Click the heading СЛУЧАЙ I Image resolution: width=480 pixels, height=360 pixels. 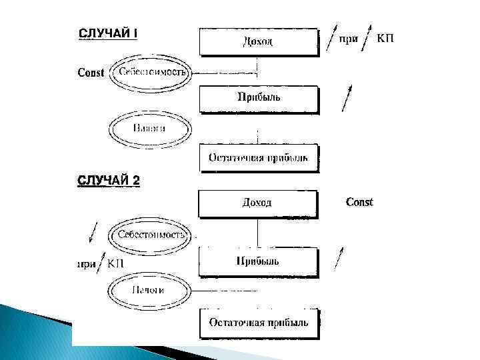tap(109, 33)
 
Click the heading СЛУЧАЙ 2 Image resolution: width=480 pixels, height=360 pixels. tap(109, 181)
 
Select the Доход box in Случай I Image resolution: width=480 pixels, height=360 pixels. tap(257, 41)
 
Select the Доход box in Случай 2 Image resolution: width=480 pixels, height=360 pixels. tap(257, 203)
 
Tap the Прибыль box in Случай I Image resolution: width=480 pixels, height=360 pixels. tap(259, 98)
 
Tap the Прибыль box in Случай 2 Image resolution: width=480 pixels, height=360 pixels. tap(257, 260)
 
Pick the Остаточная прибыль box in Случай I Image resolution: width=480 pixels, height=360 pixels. tap(259, 157)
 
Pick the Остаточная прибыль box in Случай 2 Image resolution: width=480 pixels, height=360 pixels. tap(259, 323)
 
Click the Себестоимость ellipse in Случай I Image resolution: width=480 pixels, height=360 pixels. tap(151, 72)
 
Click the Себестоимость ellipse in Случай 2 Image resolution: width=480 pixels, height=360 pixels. tap(151, 234)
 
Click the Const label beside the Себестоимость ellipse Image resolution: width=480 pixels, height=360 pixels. tap(91, 73)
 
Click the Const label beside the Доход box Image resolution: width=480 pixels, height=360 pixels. tap(359, 202)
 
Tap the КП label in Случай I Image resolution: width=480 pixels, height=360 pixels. tap(385, 38)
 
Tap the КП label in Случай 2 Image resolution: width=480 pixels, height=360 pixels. tap(116, 263)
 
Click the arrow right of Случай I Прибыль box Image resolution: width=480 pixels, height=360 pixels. tap(345, 97)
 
